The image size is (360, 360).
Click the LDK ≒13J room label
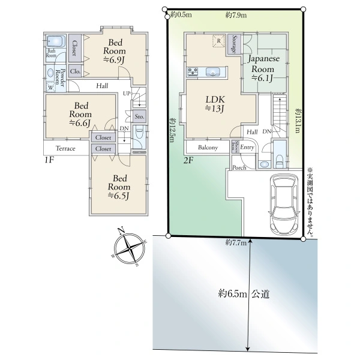[x=215, y=103]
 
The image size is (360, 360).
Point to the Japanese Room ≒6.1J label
[x=262, y=68]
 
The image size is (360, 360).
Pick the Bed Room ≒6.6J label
[x=79, y=114]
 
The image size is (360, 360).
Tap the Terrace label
[x=65, y=148]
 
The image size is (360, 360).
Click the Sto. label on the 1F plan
[x=139, y=116]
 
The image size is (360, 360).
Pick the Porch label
[x=239, y=167]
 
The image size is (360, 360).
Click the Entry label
[x=248, y=146]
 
